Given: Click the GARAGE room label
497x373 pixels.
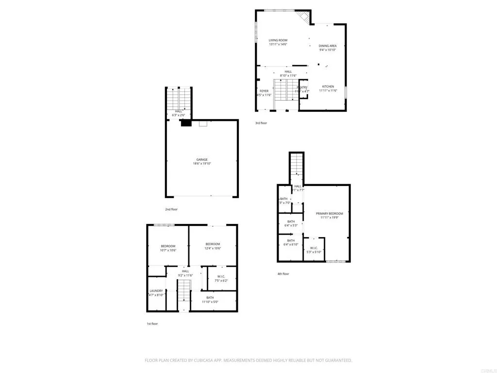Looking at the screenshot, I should (x=202, y=159).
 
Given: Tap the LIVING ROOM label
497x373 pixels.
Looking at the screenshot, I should (x=278, y=40).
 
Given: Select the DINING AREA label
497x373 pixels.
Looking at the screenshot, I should (x=328, y=46).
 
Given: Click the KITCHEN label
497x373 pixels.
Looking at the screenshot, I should (x=328, y=86).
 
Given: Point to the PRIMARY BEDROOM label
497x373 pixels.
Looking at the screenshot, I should (x=329, y=214).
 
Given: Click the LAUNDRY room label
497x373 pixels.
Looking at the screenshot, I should (x=156, y=290).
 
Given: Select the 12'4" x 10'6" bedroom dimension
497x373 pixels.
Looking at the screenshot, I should (x=213, y=248).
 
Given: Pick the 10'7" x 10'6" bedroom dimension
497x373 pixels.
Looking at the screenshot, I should (x=168, y=250).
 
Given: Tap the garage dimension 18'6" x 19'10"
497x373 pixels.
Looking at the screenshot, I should (x=202, y=164).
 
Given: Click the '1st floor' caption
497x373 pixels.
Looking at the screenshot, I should (x=153, y=323).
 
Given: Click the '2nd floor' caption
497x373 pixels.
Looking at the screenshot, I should (x=171, y=209).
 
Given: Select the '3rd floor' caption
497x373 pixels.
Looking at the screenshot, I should (x=261, y=123).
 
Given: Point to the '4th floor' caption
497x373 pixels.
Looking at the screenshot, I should (x=283, y=273).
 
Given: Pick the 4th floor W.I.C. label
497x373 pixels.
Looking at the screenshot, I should (x=314, y=248).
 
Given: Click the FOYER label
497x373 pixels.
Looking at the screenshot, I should (x=264, y=91).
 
